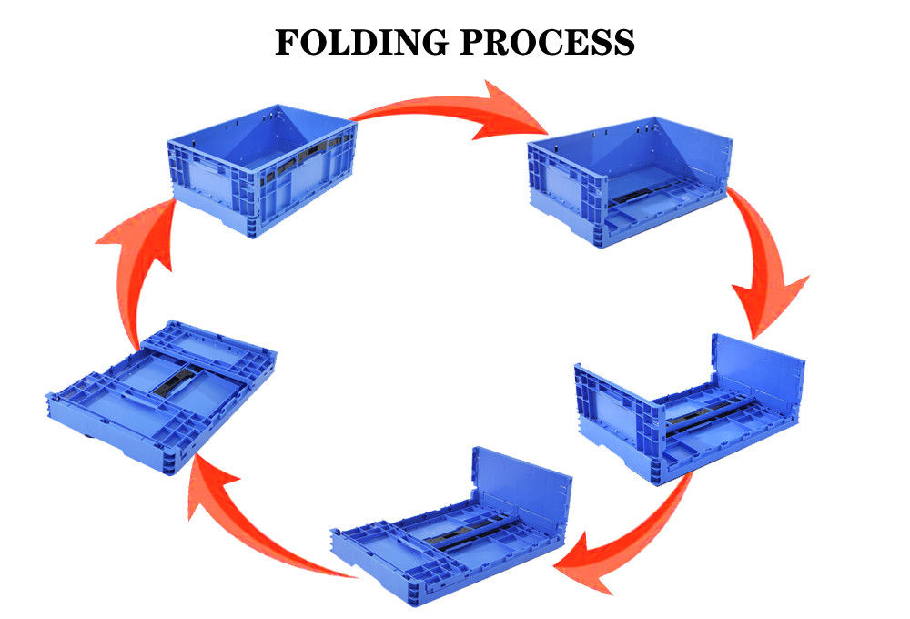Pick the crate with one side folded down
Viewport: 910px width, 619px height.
click(630, 182)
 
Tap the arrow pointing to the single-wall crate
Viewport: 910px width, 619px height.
click(619, 537)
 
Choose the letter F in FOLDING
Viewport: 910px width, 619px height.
click(288, 41)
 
